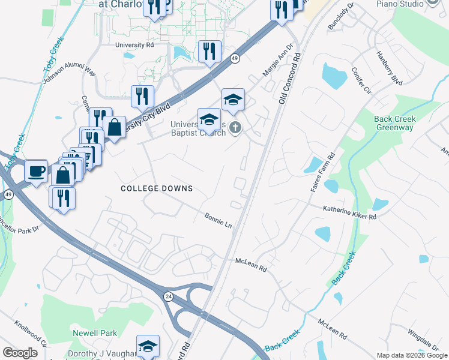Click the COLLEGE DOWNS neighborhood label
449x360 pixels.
[157, 188]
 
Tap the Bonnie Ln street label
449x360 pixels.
[218, 220]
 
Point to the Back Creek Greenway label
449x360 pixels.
[394, 123]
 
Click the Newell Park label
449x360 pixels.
[95, 332]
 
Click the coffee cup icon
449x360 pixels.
[36, 171]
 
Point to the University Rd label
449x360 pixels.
[135, 45]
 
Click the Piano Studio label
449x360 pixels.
[400, 4]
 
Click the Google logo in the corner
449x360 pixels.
[20, 353]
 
